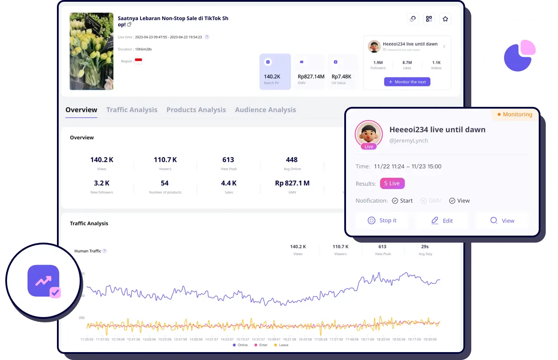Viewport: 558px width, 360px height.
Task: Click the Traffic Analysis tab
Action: [131, 110]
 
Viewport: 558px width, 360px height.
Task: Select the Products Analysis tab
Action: [196, 110]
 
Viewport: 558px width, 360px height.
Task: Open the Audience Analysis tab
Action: [265, 110]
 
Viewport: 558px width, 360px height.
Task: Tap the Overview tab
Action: [81, 110]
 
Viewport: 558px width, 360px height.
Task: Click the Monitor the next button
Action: [407, 82]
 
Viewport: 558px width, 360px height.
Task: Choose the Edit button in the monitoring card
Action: [442, 221]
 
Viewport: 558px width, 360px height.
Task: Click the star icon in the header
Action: [445, 19]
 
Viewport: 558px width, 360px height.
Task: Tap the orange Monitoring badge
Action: [515, 115]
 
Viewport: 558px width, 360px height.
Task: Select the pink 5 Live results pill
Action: [392, 184]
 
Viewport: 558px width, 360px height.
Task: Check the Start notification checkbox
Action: [395, 201]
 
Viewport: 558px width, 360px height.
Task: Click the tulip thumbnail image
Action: [91, 51]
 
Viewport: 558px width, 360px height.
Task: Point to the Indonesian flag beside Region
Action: [138, 61]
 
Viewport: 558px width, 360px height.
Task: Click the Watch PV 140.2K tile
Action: [275, 72]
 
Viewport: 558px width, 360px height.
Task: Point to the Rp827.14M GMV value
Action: [311, 77]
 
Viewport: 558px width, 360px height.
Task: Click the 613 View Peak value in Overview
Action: [228, 160]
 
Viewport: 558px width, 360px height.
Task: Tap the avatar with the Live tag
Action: [369, 134]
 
